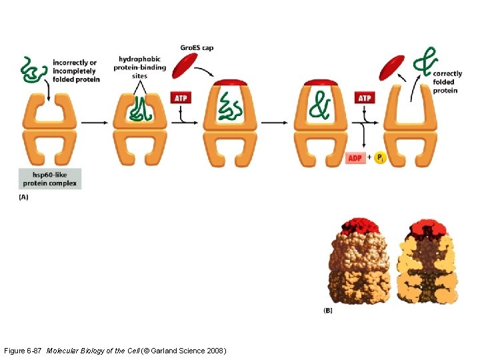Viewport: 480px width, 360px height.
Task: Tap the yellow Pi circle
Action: [x=380, y=159]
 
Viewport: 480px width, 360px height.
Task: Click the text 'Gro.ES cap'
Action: [x=197, y=48]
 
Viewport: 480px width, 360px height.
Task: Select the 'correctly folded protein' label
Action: [x=447, y=82]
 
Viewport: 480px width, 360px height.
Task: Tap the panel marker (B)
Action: [x=328, y=310]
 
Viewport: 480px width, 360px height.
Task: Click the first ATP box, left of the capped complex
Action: [x=181, y=98]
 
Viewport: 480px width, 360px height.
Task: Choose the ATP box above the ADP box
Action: [x=364, y=98]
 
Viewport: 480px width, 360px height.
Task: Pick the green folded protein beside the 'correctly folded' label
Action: [x=423, y=61]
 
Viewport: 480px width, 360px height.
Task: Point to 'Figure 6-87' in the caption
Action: [x=24, y=350]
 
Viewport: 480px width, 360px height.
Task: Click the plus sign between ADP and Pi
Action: [x=369, y=159]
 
